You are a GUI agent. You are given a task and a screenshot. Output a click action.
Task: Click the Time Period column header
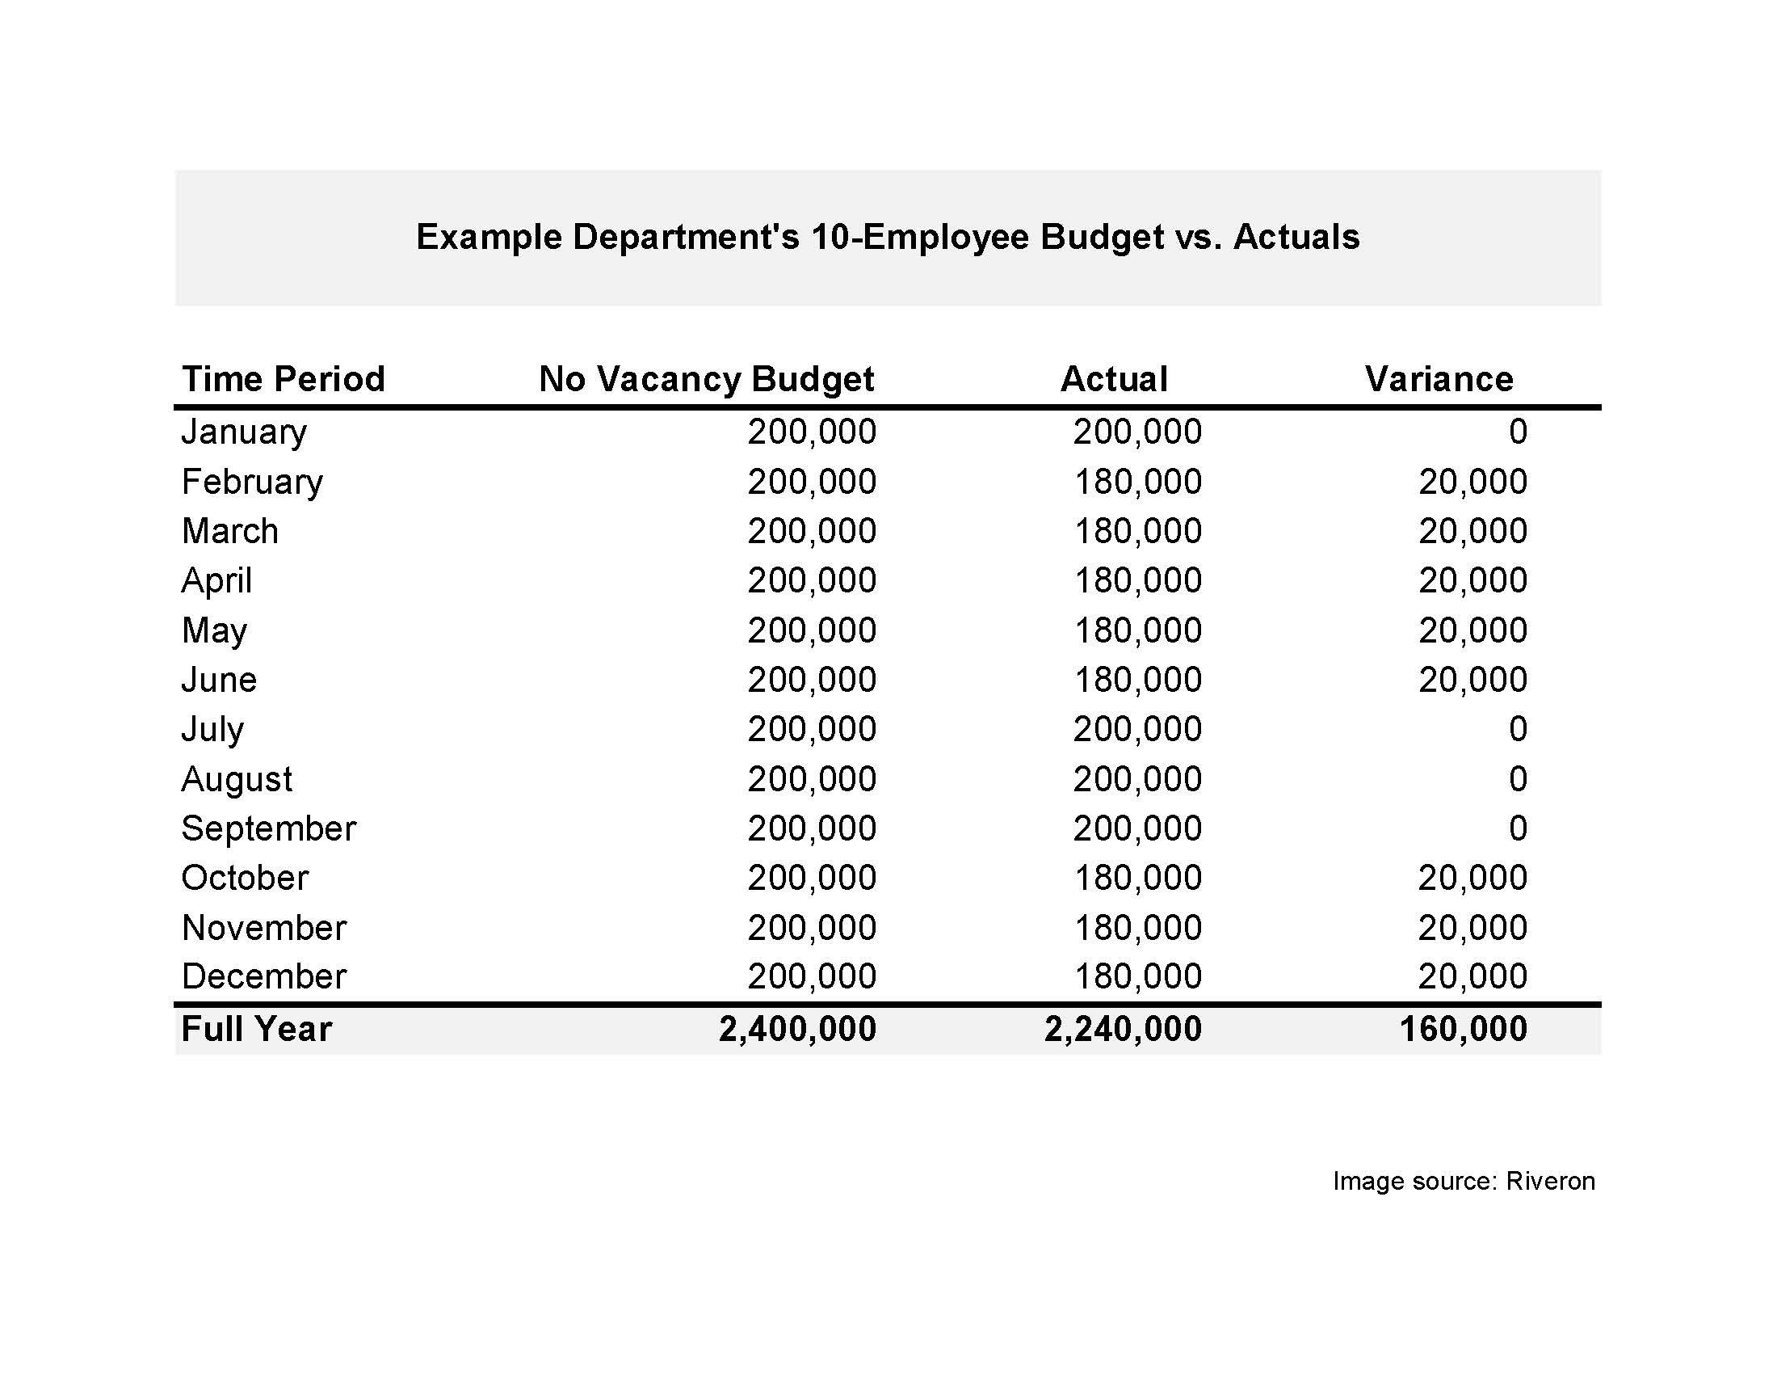[283, 379]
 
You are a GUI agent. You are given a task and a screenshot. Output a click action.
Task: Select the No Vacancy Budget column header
[705, 379]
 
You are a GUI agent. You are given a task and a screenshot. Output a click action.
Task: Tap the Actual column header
[1114, 379]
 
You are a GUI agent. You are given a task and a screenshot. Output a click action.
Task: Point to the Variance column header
[1439, 379]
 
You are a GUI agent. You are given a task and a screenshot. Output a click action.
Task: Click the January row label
[244, 432]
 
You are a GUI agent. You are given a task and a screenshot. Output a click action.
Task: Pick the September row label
[268, 828]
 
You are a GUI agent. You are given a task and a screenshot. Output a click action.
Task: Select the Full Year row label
[256, 1029]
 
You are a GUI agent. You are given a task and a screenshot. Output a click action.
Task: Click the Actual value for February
[1137, 482]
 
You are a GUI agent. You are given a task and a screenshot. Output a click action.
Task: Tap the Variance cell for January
[1518, 432]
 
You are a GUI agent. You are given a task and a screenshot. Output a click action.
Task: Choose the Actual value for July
[1136, 729]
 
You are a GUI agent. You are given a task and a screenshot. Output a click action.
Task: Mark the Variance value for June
[1472, 680]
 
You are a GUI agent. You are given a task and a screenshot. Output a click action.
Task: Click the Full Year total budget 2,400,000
[797, 1029]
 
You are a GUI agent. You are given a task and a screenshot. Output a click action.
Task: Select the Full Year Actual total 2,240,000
[1123, 1029]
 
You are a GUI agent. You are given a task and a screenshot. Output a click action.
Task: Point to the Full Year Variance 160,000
[1463, 1029]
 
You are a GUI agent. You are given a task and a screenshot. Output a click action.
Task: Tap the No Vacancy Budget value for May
[812, 630]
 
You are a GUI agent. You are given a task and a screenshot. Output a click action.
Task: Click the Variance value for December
[1472, 977]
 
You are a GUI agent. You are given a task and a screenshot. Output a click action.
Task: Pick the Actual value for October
[1137, 879]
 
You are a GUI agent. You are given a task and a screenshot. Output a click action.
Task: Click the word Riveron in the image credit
[1550, 1181]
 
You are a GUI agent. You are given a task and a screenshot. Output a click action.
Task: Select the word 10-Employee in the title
[920, 237]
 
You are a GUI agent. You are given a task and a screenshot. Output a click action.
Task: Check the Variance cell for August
[1518, 779]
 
